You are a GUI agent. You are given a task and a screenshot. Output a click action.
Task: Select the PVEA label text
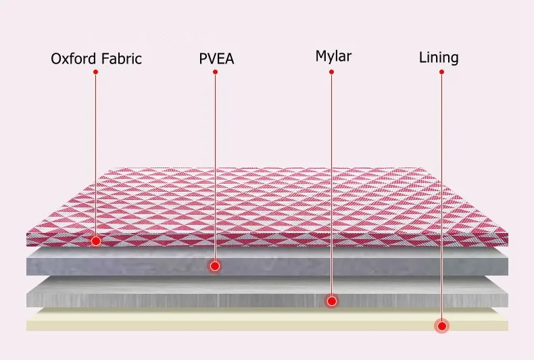[x=216, y=59]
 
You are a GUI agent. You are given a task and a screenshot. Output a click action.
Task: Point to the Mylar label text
[x=333, y=55]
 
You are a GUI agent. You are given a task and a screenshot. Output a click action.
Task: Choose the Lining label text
[x=439, y=57]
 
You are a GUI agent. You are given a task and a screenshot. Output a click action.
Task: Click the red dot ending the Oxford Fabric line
[x=97, y=240]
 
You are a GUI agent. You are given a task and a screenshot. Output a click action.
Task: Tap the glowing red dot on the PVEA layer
[x=214, y=266]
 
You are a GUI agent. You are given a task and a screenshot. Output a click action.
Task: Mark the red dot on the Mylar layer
[x=331, y=301]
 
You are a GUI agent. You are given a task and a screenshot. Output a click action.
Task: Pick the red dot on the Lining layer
[x=442, y=326]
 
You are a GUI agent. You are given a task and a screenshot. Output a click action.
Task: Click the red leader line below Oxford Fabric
[x=95, y=155]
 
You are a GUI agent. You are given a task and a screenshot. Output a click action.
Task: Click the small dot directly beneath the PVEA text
[x=215, y=72]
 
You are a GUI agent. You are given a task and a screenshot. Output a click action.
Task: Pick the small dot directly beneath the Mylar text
[x=331, y=70]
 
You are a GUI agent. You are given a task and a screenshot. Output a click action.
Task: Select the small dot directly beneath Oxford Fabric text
[x=95, y=72]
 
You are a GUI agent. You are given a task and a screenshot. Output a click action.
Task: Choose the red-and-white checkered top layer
[x=270, y=203]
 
